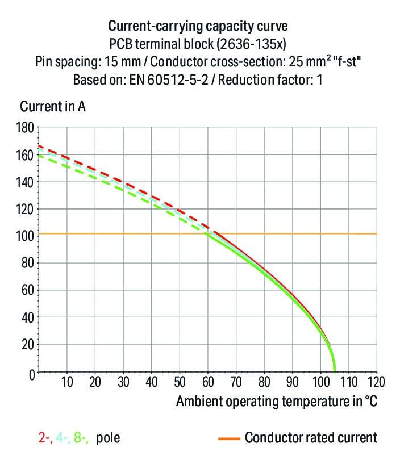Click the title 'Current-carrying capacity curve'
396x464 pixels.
coord(198,26)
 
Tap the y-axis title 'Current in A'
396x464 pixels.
coord(53,106)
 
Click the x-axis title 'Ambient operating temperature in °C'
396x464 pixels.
coord(276,401)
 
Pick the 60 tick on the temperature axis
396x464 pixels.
coord(208,381)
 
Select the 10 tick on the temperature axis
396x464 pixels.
coord(67,381)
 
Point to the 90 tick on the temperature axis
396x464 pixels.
coord(292,381)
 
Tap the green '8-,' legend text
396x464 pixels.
coord(81,438)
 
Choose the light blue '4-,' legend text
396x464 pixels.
coord(62,438)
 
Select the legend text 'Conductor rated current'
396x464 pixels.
coord(311,437)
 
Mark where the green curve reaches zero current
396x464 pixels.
coord(334,370)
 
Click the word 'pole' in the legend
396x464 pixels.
coord(108,438)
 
